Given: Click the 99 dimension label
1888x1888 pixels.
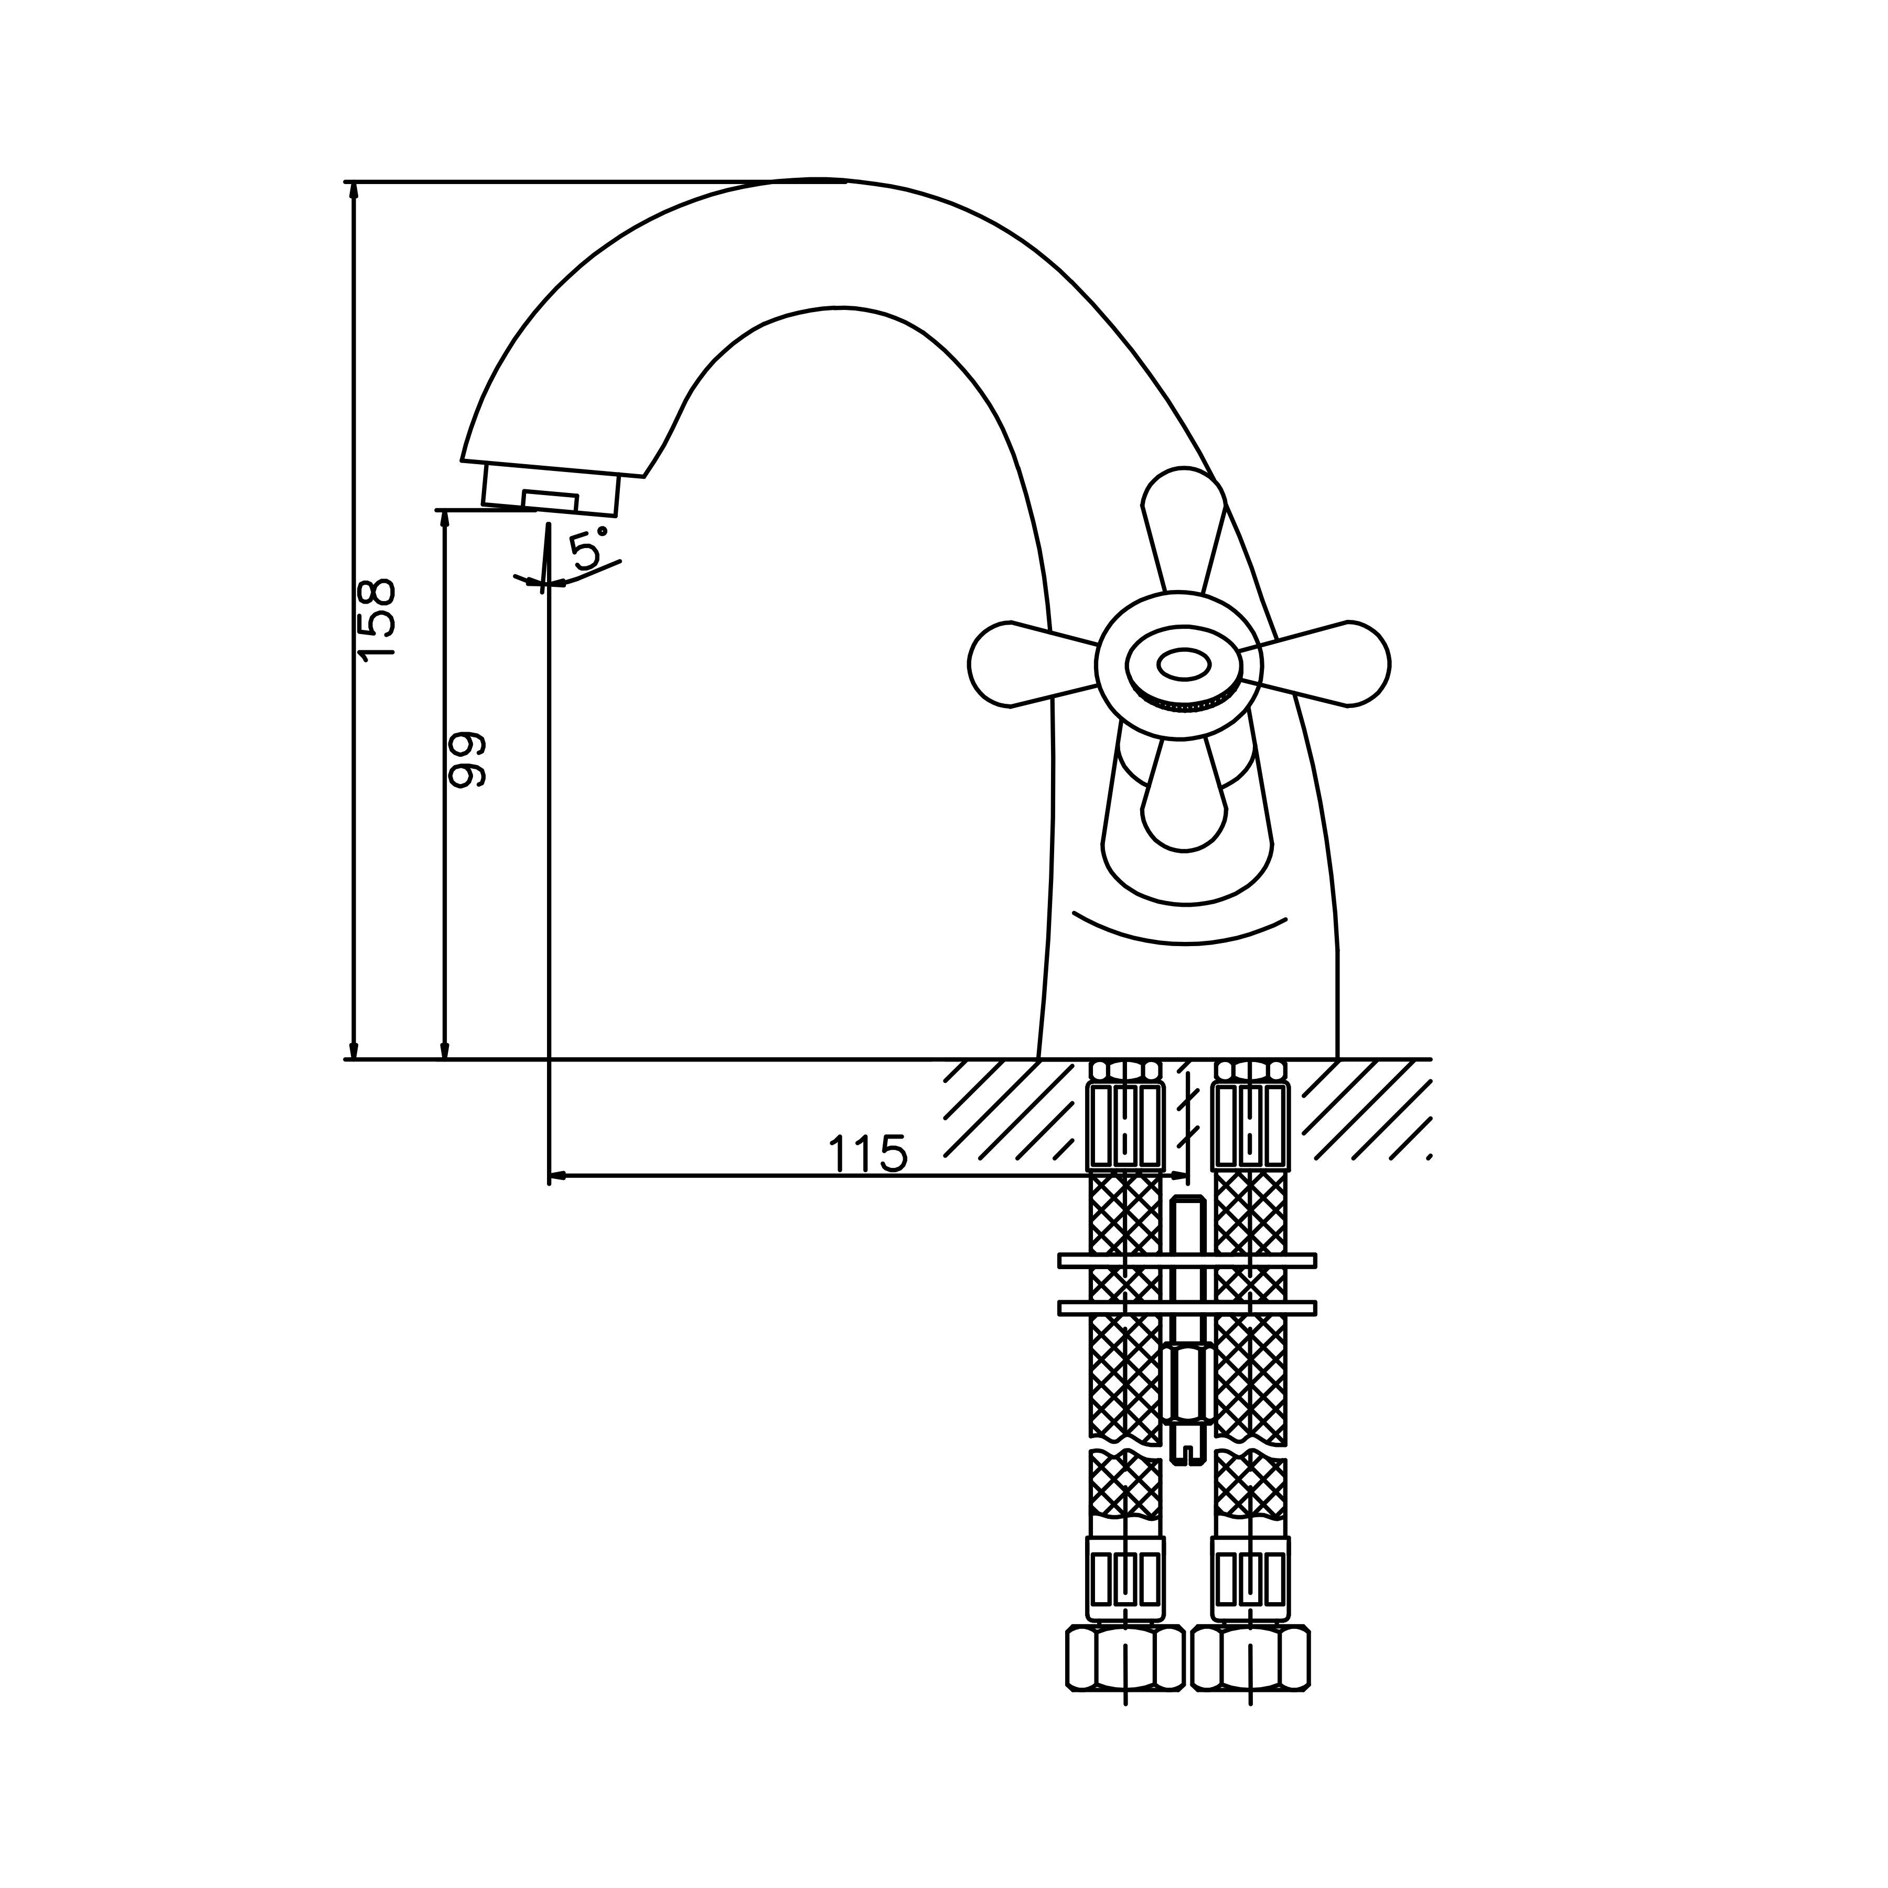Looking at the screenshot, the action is [465, 758].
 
